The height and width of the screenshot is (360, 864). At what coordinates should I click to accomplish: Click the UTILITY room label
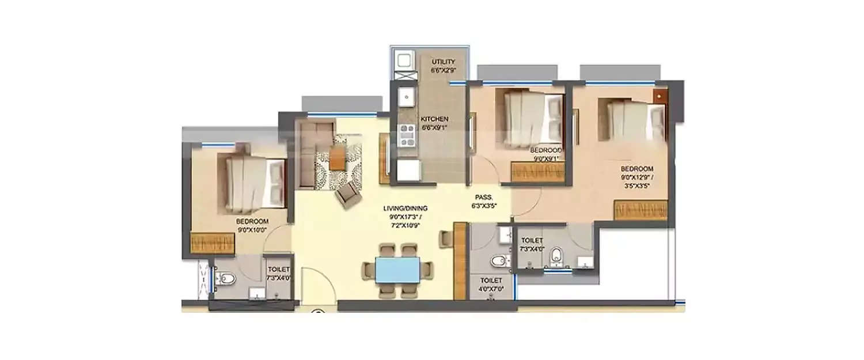pos(443,66)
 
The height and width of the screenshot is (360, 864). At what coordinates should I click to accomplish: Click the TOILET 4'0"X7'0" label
pos(490,284)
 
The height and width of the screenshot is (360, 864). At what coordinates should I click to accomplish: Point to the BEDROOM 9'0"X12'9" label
pos(636,173)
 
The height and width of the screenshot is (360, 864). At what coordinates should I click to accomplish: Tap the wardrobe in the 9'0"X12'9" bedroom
pos(640,210)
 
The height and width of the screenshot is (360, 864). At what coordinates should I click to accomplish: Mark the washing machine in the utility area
pos(401,59)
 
